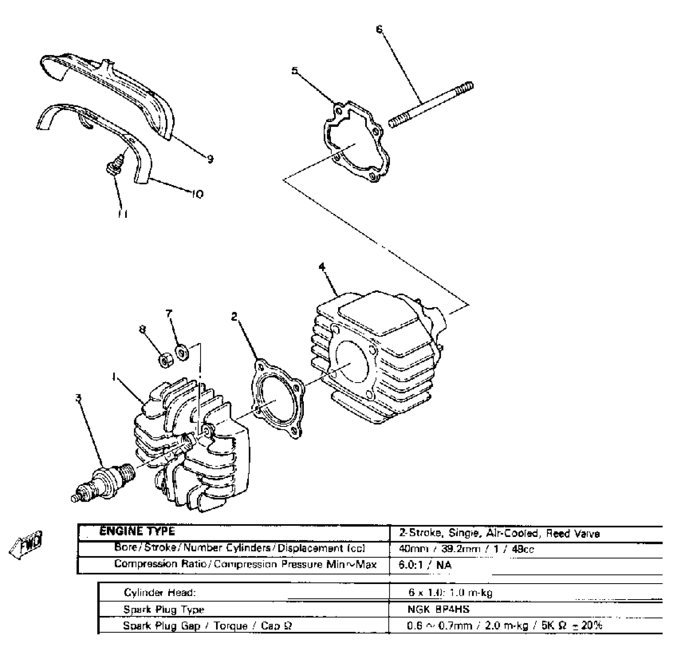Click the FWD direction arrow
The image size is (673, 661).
(26, 544)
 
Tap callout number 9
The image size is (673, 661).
(210, 159)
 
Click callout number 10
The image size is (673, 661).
(198, 194)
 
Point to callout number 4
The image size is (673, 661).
(322, 267)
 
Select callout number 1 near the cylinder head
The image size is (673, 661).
(114, 376)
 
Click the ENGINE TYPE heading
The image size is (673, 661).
(137, 531)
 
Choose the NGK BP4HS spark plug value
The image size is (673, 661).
(438, 609)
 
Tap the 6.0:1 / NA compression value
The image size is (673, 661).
(425, 565)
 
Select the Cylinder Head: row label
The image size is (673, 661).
(160, 593)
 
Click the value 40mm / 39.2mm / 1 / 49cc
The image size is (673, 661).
(466, 549)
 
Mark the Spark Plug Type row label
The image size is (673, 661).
(164, 609)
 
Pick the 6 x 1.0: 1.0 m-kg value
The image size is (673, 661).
(450, 593)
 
